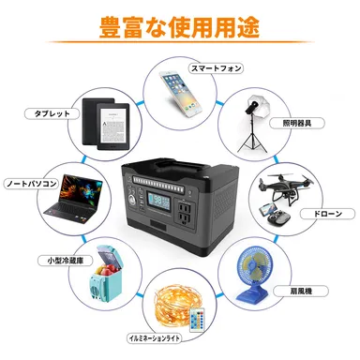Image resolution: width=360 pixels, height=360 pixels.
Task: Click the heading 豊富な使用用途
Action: (179, 26)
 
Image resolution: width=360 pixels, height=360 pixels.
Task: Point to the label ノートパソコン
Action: (32, 184)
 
